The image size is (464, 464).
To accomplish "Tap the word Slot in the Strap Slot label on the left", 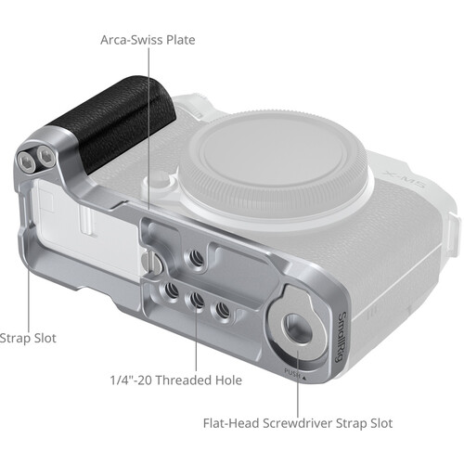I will (41, 339).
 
